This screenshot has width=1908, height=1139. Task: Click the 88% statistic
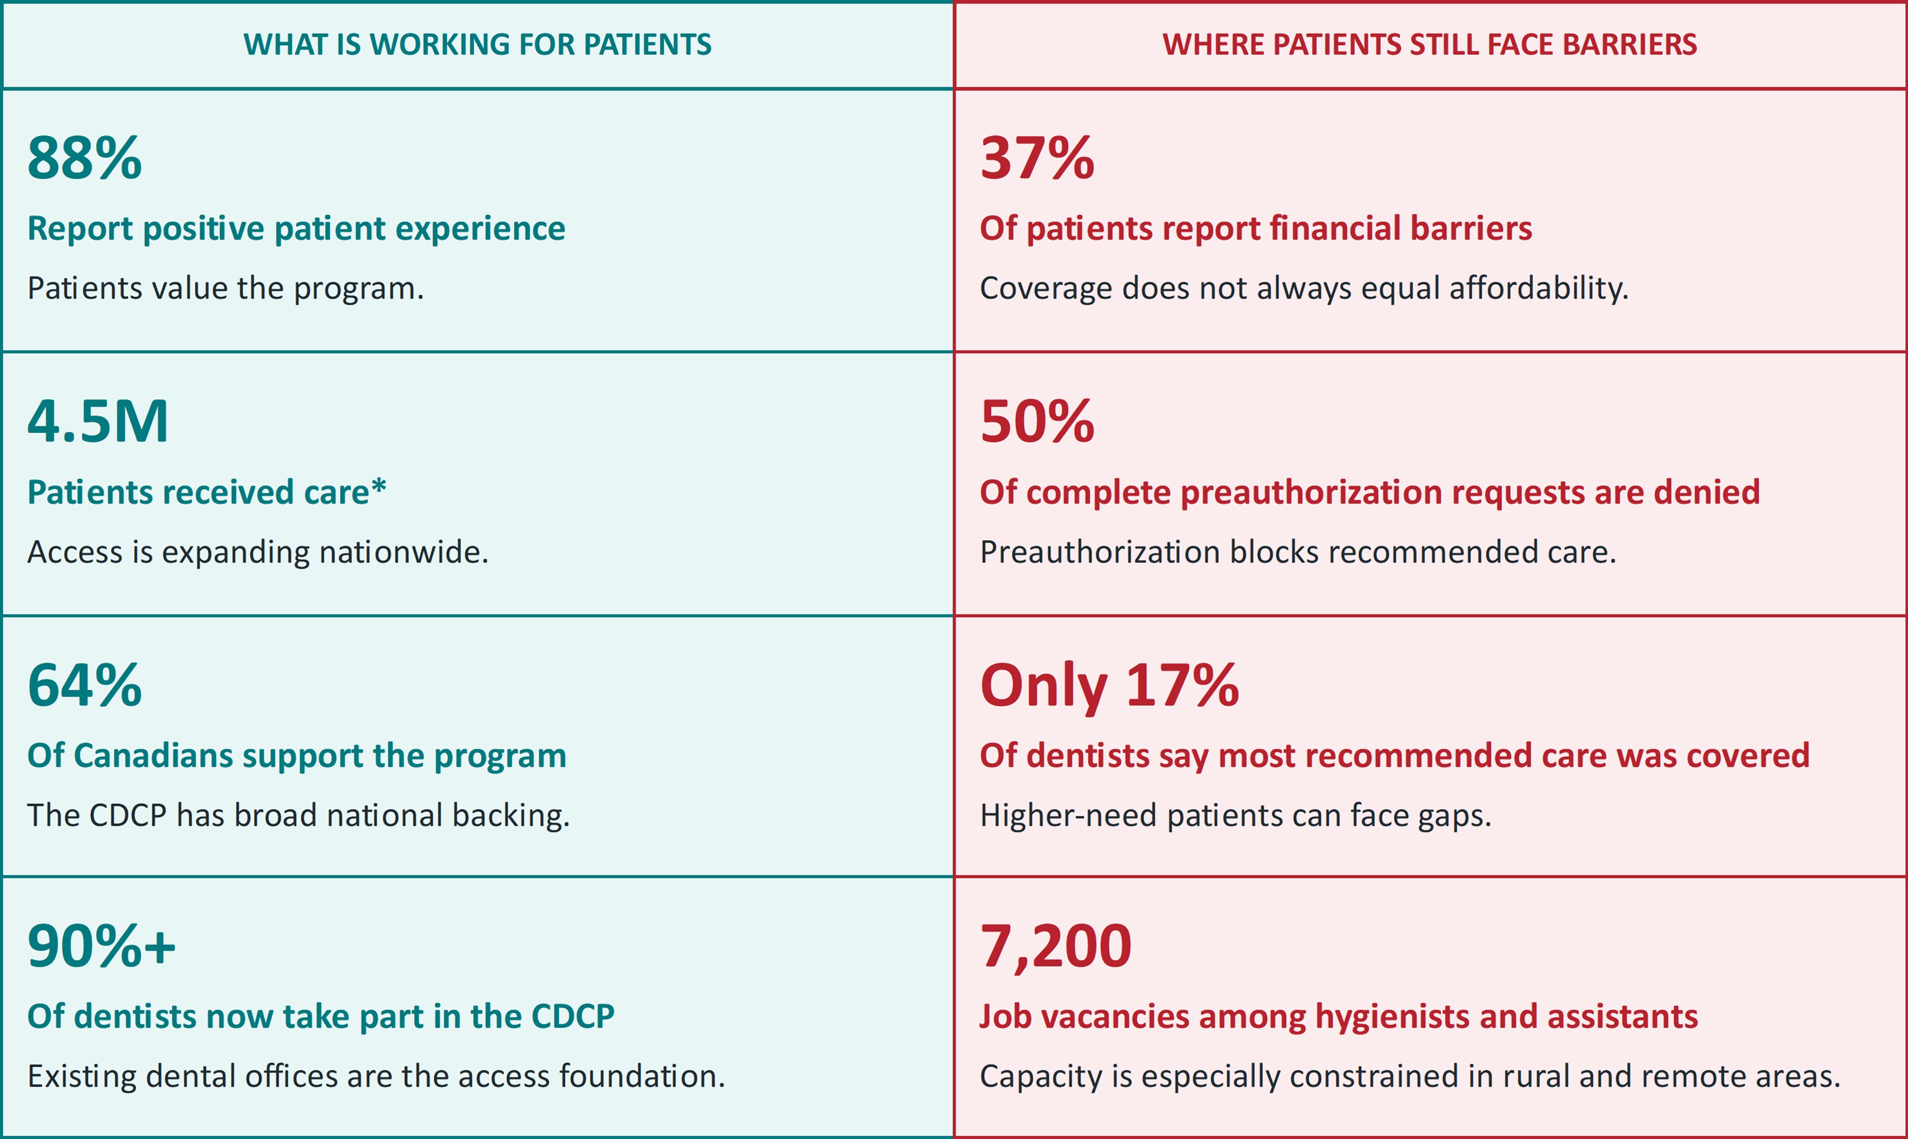85,157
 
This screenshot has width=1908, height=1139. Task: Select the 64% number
85,685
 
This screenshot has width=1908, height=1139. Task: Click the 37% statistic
1037,157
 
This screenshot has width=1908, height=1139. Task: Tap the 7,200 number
1056,947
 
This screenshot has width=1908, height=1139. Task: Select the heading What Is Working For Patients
478,45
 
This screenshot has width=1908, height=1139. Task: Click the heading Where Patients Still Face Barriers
1430,45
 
